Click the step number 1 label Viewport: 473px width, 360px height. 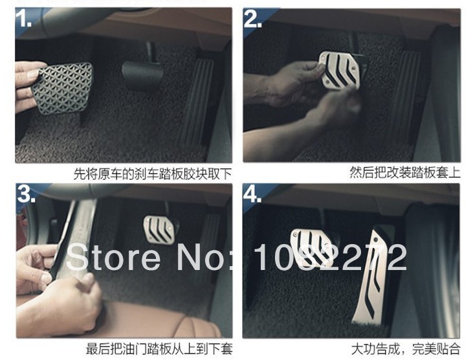pyautogui.click(x=23, y=18)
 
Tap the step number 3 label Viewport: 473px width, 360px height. pyautogui.click(x=26, y=194)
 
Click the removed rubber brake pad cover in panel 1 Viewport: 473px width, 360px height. pyautogui.click(x=62, y=87)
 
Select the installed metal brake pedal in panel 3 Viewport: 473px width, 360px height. pyautogui.click(x=159, y=229)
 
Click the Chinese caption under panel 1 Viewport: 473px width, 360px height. pyautogui.click(x=153, y=174)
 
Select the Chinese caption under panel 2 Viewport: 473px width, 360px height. pyautogui.click(x=405, y=173)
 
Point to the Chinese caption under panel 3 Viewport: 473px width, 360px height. pyautogui.click(x=159, y=349)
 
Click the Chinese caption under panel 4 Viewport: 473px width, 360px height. pyautogui.click(x=406, y=349)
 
